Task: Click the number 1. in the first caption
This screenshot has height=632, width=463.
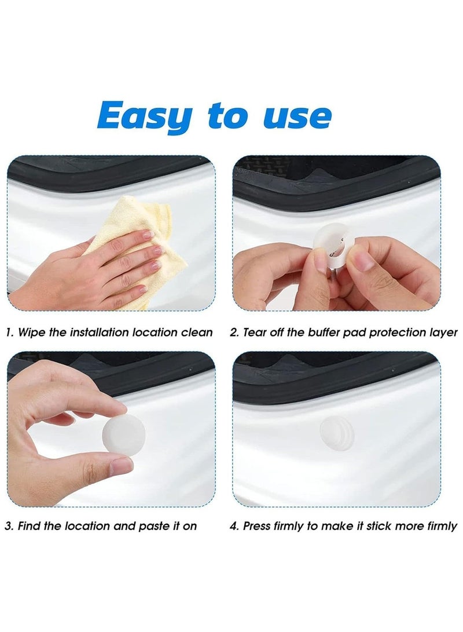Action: coord(10,333)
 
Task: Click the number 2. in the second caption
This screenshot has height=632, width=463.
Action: coord(234,333)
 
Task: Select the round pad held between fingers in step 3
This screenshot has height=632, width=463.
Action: coord(123,433)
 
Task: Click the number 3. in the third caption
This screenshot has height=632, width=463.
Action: coord(10,526)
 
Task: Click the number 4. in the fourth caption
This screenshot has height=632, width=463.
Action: coord(234,526)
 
